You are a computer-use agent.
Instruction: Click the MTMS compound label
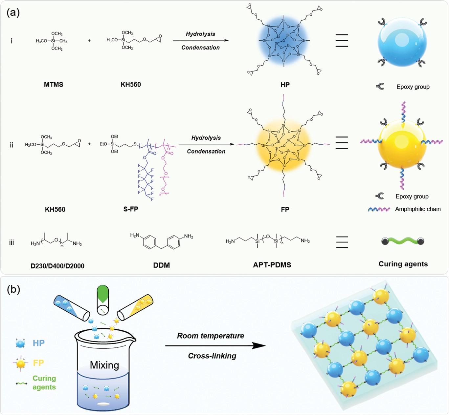point(54,85)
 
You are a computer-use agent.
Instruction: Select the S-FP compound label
point(131,209)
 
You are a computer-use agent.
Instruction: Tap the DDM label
point(162,265)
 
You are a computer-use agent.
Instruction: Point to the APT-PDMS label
point(272,265)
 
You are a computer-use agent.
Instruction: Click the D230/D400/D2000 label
point(57,266)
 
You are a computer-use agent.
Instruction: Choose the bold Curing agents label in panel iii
point(403,264)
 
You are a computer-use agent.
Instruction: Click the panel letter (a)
point(13,12)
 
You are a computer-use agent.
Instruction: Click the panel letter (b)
point(13,289)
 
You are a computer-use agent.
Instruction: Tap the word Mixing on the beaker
point(104,365)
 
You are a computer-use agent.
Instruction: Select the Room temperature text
point(211,336)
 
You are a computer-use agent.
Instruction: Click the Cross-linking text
point(212,356)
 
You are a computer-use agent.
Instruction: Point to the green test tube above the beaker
point(103,300)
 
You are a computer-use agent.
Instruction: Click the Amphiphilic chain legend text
point(418,209)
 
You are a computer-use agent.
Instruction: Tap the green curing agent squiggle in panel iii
point(403,241)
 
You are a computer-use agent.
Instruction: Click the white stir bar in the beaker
point(104,404)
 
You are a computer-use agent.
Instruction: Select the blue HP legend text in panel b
point(38,343)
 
